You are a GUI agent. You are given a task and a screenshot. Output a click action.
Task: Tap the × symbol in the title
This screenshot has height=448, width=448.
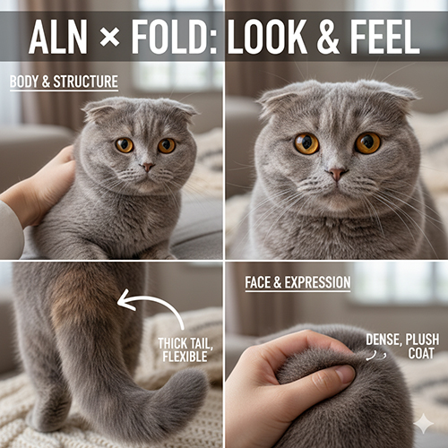click(109, 37)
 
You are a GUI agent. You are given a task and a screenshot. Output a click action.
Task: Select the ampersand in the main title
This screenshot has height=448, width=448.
click(328, 37)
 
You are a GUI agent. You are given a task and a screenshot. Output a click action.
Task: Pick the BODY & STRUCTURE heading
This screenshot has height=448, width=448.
click(64, 82)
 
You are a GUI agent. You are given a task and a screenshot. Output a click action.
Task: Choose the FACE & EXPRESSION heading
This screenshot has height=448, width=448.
click(297, 282)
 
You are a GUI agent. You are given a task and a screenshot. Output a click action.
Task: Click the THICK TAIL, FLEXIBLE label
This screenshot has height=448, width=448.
click(185, 349)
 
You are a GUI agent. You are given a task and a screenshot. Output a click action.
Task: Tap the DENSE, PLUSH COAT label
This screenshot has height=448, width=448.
click(402, 347)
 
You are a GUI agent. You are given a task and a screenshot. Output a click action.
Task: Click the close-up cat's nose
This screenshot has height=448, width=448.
click(337, 174)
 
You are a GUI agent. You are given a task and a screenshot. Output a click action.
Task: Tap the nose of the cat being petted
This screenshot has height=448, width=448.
click(147, 167)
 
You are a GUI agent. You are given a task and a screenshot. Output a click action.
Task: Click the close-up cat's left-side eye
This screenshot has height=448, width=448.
click(306, 143)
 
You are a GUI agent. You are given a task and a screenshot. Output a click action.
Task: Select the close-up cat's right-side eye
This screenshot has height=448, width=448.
click(367, 143)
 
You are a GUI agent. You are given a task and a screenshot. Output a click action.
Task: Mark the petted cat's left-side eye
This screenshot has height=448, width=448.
click(125, 145)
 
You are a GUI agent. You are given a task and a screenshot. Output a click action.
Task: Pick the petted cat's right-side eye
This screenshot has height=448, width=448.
click(167, 146)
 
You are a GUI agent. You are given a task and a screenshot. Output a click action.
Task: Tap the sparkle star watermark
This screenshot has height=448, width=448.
click(423, 424)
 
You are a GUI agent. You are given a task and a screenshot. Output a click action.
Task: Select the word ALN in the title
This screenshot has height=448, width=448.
click(57, 37)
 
